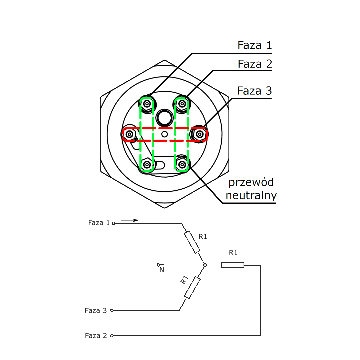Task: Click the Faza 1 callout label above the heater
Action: pos(255,45)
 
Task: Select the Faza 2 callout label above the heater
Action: pos(255,64)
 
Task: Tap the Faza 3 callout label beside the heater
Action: pos(255,91)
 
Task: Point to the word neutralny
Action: pos(251,195)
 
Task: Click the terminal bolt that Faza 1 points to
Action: pos(147,104)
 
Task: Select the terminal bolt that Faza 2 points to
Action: pos(182,104)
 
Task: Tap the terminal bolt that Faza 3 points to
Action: pos(200,134)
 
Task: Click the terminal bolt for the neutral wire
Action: pos(182,164)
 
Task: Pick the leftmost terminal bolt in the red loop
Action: pos(129,134)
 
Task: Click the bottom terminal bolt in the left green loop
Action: pos(147,164)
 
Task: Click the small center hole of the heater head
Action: pos(164,134)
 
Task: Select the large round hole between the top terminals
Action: pos(164,117)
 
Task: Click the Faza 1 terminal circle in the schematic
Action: pos(113,223)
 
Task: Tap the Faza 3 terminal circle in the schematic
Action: pos(112,310)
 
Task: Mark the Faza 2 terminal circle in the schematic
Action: pos(112,336)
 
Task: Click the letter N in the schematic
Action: pos(162,270)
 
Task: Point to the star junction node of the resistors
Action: pos(205,265)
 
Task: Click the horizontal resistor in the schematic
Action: pos(233,265)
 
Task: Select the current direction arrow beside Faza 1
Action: pos(130,220)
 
